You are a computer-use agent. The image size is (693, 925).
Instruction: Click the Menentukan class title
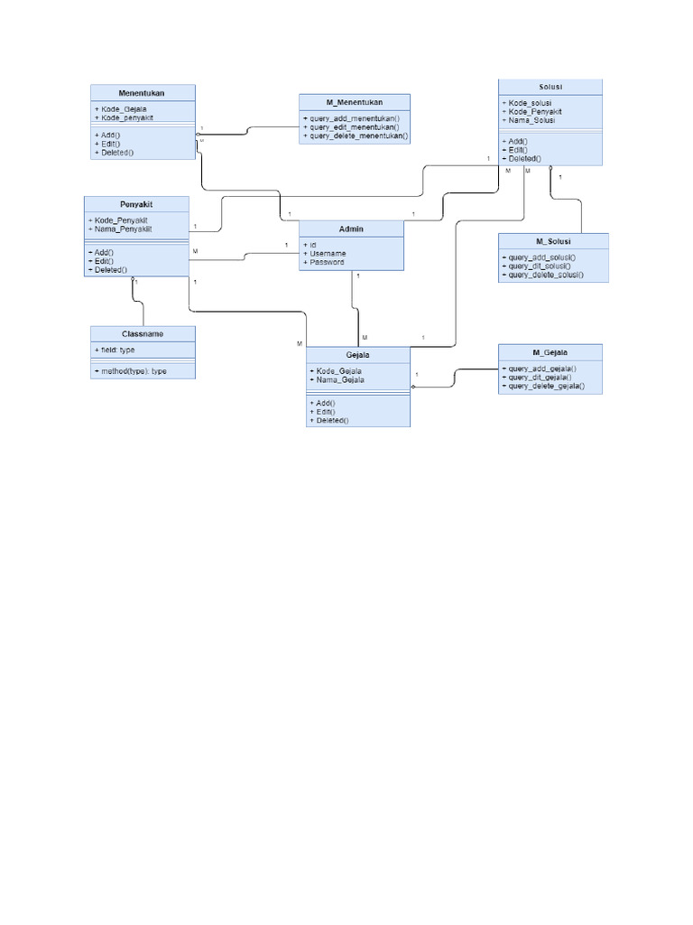pyautogui.click(x=142, y=92)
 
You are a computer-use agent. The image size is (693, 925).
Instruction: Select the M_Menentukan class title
pyautogui.click(x=354, y=102)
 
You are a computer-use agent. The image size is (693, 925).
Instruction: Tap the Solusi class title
pyautogui.click(x=550, y=87)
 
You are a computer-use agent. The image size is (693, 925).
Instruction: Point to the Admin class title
pyautogui.click(x=351, y=229)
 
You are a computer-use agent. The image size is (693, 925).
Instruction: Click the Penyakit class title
pyautogui.click(x=135, y=204)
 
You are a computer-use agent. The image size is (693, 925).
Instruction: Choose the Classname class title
pyautogui.click(x=142, y=333)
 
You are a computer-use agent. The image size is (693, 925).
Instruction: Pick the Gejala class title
pyautogui.click(x=358, y=355)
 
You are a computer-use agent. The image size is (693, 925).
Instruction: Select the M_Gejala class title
pyautogui.click(x=550, y=352)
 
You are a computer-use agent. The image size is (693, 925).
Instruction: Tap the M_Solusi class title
pyautogui.click(x=552, y=241)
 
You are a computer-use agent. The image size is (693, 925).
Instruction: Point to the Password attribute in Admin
pyautogui.click(x=326, y=263)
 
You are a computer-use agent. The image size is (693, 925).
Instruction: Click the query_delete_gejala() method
pyautogui.click(x=545, y=386)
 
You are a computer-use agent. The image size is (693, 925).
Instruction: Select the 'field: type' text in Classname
pyautogui.click(x=115, y=350)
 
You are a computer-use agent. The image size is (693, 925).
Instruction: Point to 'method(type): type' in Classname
pyautogui.click(x=129, y=371)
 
